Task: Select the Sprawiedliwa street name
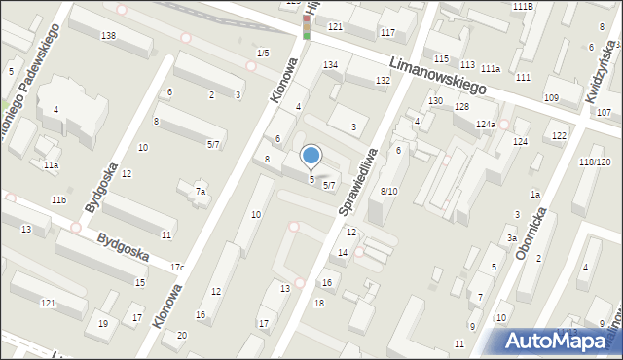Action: (x=357, y=182)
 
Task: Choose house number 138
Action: (x=108, y=36)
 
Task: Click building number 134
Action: (x=331, y=64)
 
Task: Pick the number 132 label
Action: (x=383, y=80)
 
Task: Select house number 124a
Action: (x=486, y=125)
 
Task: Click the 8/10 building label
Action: (x=388, y=191)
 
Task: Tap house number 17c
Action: (x=177, y=267)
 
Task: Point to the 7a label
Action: (x=200, y=192)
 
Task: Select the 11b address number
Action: (x=58, y=199)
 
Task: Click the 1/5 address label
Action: (x=263, y=53)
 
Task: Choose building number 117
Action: (x=387, y=34)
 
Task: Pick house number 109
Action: (x=551, y=98)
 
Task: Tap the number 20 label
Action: (x=181, y=335)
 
